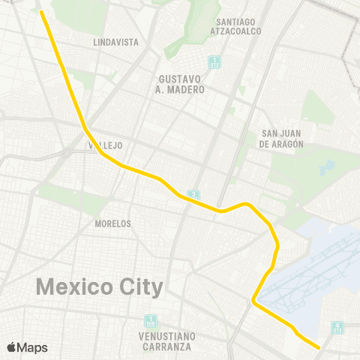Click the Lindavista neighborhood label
[x=116, y=42]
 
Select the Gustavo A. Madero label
[x=181, y=84]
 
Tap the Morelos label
[x=113, y=223]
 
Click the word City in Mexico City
[x=142, y=287]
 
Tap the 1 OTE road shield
[x=215, y=61]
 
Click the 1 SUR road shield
[x=151, y=320]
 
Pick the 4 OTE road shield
[x=337, y=327]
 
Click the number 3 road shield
[x=194, y=196]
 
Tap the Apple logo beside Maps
[x=13, y=347]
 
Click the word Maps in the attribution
[x=33, y=347]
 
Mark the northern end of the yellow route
[x=41, y=11]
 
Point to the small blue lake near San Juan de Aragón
[x=326, y=166]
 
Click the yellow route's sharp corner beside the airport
[x=254, y=301]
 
